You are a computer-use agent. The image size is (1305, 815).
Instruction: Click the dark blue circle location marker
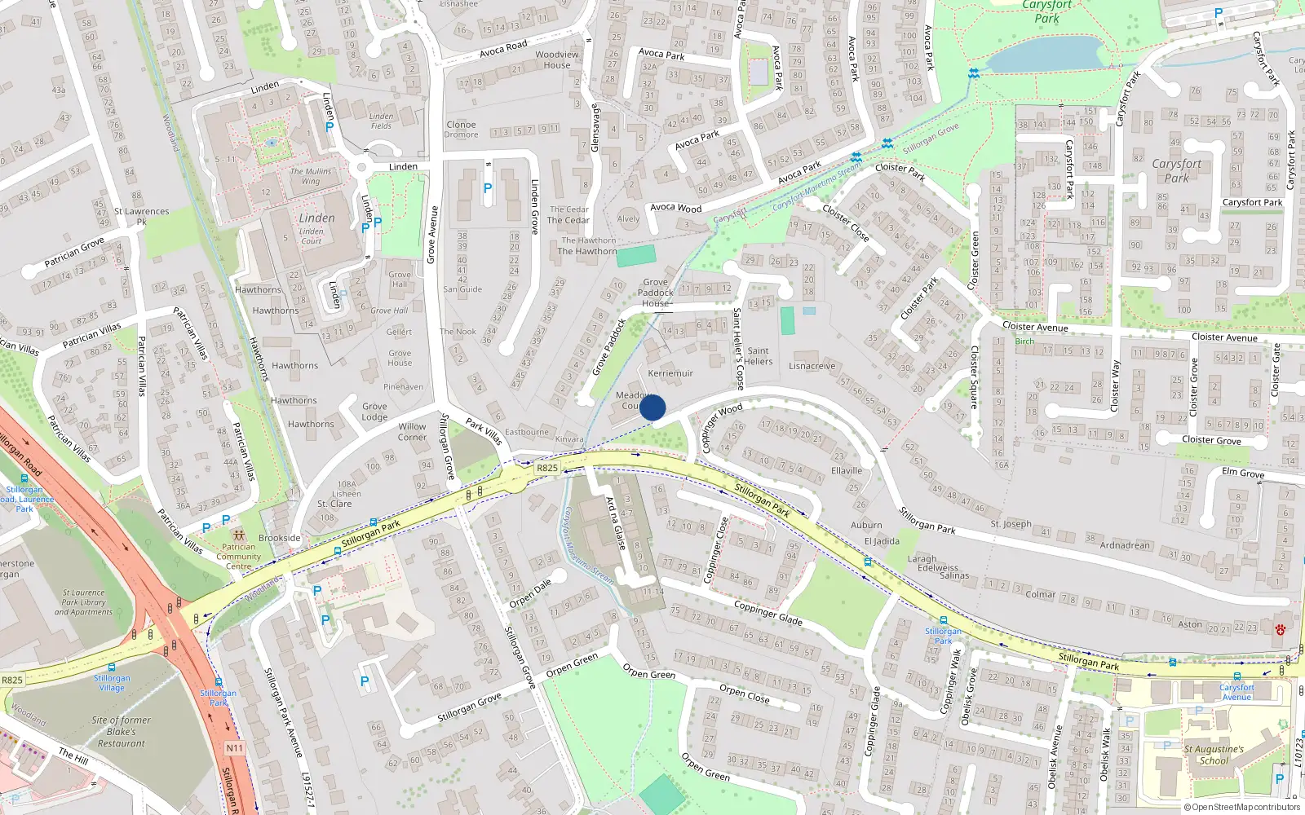[652, 407]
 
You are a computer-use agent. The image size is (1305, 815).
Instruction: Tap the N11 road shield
[235, 747]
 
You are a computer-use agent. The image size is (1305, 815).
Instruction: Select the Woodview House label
[557, 60]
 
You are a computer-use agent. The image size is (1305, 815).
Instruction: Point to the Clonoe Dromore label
[461, 130]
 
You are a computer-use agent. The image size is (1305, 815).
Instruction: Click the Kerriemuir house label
[670, 373]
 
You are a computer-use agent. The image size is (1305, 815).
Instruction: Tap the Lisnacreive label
[812, 366]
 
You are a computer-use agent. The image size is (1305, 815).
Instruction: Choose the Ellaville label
[847, 470]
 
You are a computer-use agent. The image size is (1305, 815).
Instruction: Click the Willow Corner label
[412, 432]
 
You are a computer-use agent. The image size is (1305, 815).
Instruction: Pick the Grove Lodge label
[374, 412]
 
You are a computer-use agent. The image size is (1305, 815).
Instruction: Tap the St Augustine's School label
[1214, 755]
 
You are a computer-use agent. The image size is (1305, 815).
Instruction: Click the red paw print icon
[1281, 629]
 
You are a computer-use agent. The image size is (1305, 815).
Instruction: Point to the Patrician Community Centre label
[238, 557]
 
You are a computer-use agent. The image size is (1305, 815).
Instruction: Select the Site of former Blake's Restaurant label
[122, 731]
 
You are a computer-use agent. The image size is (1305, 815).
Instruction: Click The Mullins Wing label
[311, 176]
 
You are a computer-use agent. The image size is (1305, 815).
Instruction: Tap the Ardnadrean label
[1125, 545]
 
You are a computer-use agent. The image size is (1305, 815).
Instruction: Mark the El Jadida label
[882, 541]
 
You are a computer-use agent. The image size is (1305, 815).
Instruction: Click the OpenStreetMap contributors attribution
[1241, 807]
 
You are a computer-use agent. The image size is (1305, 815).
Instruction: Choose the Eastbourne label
[527, 432]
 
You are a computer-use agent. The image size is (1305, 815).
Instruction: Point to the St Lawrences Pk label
[141, 216]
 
